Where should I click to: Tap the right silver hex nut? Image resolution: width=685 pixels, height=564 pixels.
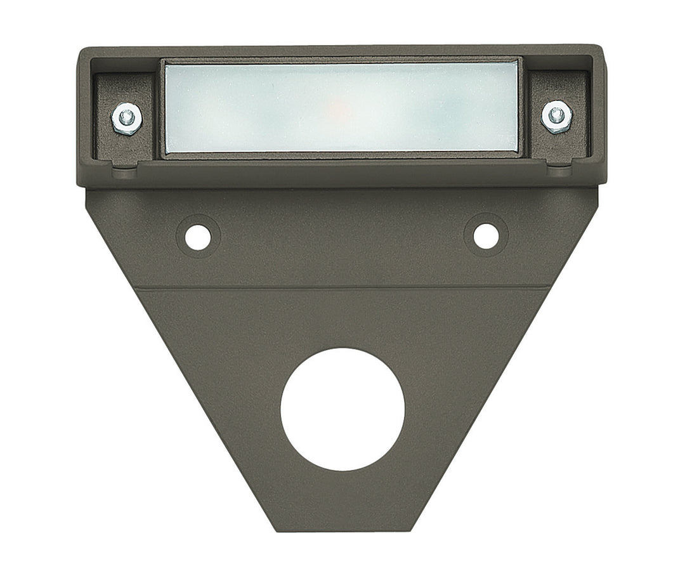coord(557,116)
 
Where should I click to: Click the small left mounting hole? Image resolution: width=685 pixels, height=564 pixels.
coord(198,236)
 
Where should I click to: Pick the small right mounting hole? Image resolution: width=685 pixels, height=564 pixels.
coord(486,235)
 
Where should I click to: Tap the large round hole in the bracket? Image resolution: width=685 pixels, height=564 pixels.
coord(342,409)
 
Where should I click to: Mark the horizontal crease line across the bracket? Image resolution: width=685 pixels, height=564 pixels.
coord(342,289)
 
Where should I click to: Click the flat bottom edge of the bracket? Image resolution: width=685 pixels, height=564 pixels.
coord(342,530)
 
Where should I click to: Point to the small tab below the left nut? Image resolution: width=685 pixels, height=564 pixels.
coord(125,168)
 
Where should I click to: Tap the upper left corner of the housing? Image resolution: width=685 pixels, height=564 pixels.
coord(81,51)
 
